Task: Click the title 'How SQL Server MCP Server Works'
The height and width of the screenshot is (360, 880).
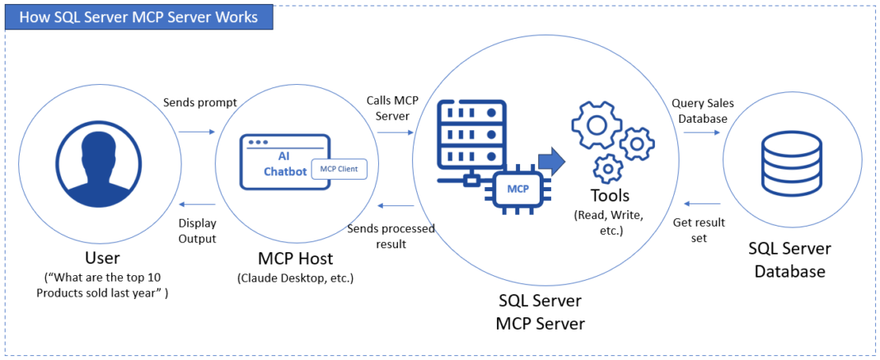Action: (138, 16)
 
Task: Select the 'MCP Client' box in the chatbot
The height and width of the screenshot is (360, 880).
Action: (339, 169)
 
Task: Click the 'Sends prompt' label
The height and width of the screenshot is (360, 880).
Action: (199, 103)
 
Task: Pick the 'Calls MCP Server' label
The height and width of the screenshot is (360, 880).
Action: (392, 108)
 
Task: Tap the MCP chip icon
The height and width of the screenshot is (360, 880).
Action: (517, 189)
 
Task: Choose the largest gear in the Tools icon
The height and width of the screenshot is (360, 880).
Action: (595, 128)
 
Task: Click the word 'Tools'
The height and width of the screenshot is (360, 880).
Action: (610, 196)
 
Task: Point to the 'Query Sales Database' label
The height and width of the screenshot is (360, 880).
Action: (703, 110)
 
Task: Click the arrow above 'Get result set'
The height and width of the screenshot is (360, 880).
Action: (703, 203)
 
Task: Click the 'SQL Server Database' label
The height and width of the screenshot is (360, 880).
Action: (789, 259)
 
